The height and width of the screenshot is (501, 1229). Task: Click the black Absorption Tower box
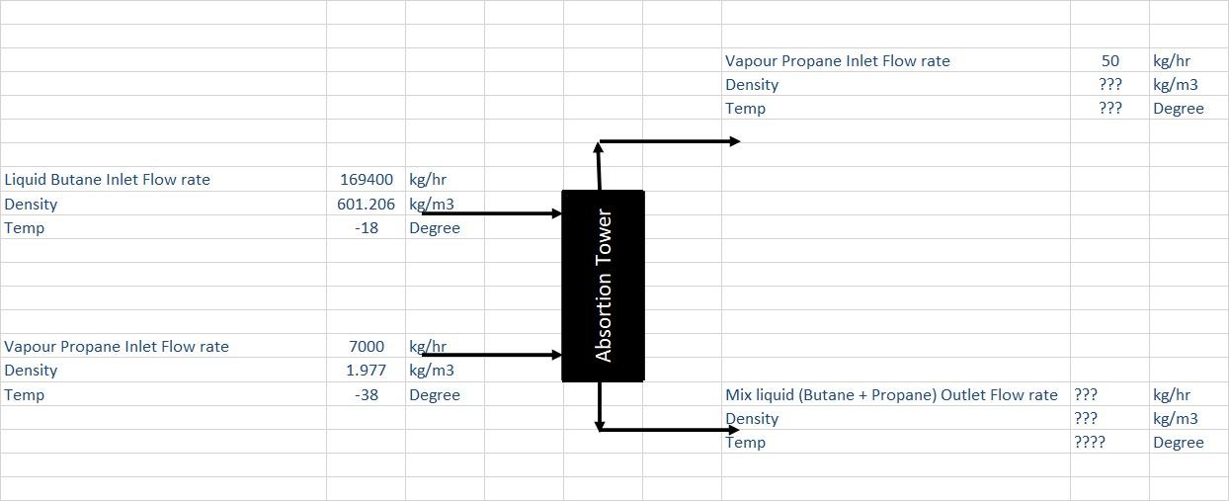603,286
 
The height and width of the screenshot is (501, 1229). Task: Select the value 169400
366,180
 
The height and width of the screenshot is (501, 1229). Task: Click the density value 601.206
366,205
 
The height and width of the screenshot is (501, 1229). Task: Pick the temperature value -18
367,228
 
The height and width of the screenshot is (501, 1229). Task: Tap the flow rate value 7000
367,347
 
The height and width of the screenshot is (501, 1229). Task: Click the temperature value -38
367,395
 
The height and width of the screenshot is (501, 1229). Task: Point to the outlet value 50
1110,61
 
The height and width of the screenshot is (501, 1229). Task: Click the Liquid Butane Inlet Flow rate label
108,180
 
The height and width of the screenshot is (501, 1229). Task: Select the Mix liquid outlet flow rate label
891,395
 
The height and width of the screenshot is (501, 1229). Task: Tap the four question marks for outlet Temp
1090,443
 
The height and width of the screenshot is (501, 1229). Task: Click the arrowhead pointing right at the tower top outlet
734,141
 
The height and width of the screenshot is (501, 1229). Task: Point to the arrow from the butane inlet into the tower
491,213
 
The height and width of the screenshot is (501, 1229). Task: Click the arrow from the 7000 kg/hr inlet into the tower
491,355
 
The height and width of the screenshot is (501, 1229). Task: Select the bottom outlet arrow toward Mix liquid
672,430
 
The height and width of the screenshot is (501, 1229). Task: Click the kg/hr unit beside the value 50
1172,61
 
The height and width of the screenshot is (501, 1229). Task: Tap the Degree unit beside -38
435,395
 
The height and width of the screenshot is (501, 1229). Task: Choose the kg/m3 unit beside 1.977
432,371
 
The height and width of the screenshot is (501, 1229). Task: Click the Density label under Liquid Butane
31,205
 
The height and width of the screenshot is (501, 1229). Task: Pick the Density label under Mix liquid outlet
752,419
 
